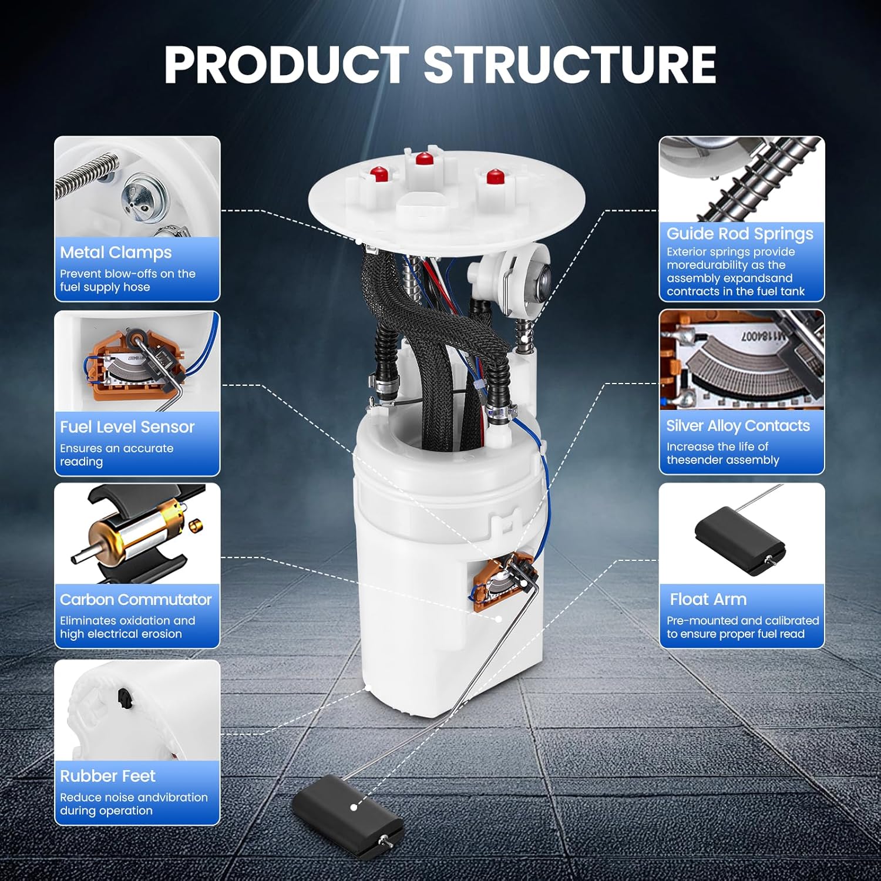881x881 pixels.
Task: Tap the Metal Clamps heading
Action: pos(116,253)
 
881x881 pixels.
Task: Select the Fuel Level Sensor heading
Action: pos(127,427)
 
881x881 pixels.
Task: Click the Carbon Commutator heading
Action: pos(136,600)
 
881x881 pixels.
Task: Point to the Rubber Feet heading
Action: pos(107,776)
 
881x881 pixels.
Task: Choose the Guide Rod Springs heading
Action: pos(739,234)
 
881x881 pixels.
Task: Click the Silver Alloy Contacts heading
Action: pos(738,426)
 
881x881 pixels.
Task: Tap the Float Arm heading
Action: pos(708,600)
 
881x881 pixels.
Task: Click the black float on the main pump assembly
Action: pos(347,816)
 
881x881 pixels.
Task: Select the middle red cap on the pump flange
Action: pos(424,159)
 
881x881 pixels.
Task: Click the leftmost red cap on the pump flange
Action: pos(379,174)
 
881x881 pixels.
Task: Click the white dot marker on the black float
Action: pos(354,808)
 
